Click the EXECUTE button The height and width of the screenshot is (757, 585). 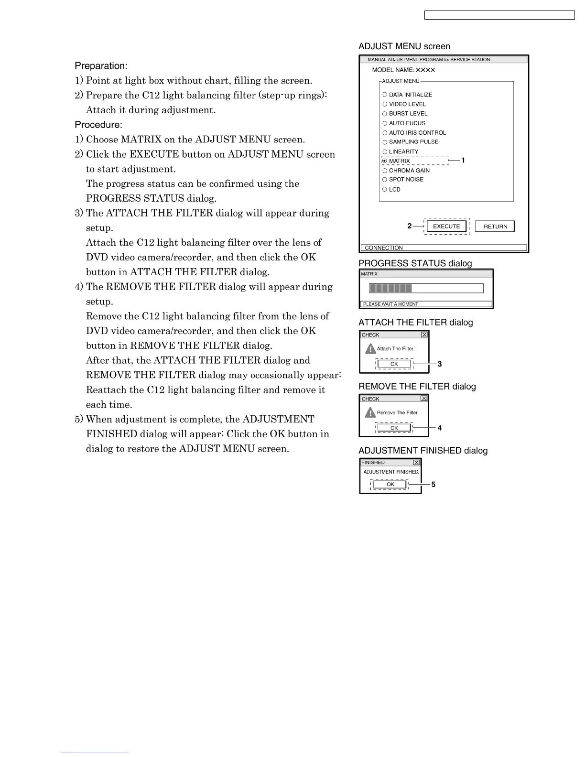pyautogui.click(x=446, y=227)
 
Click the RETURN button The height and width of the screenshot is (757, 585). pyautogui.click(x=495, y=227)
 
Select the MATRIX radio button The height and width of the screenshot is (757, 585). pyautogui.click(x=385, y=161)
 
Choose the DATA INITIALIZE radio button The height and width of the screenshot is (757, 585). pyautogui.click(x=385, y=95)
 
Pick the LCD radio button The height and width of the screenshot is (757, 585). pyautogui.click(x=385, y=189)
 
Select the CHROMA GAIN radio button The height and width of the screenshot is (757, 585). pyautogui.click(x=385, y=171)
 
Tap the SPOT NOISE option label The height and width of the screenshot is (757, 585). pyautogui.click(x=406, y=180)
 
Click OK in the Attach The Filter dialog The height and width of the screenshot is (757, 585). pyautogui.click(x=394, y=364)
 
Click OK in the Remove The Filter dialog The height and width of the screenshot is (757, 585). pyautogui.click(x=394, y=428)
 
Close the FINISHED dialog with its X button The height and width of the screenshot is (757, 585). pyautogui.click(x=416, y=463)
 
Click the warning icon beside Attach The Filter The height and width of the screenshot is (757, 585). pyautogui.click(x=370, y=348)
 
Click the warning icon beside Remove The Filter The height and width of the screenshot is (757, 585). pyautogui.click(x=370, y=412)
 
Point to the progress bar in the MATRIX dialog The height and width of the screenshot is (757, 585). pyautogui.click(x=426, y=288)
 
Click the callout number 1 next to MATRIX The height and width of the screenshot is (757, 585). pyautogui.click(x=463, y=161)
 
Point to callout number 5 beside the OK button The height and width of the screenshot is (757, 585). pyautogui.click(x=433, y=485)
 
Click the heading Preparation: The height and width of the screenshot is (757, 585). pyautogui.click(x=101, y=66)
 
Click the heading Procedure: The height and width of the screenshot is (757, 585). pyautogui.click(x=98, y=125)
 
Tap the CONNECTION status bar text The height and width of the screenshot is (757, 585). pyautogui.click(x=384, y=248)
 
